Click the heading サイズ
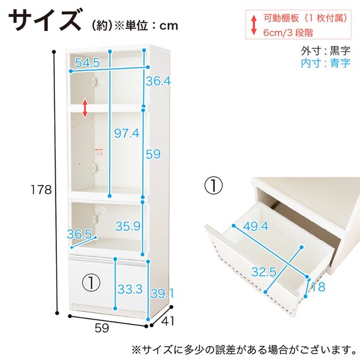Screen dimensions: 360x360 pyautogui.click(x=44, y=21)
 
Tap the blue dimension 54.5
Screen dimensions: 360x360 pyautogui.click(x=87, y=63)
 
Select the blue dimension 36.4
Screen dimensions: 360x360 pyautogui.click(x=158, y=81)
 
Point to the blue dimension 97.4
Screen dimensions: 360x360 pyautogui.click(x=126, y=132)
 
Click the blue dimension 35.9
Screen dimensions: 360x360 pyautogui.click(x=128, y=225)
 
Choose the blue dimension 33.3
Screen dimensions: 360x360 pyautogui.click(x=129, y=290)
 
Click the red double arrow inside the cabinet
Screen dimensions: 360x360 pyautogui.click(x=85, y=107)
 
